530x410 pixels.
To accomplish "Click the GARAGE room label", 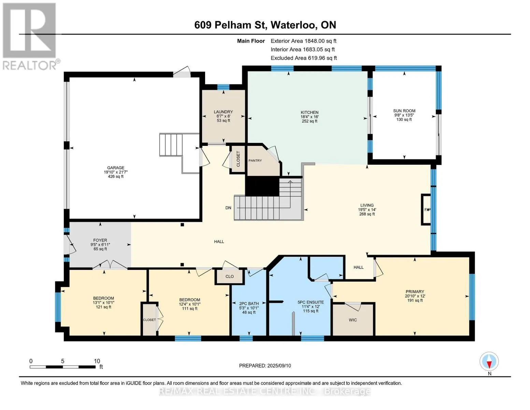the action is pos(116,168).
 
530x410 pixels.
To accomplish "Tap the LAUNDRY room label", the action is pos(223,112).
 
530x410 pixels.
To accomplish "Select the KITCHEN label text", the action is pos(310,112).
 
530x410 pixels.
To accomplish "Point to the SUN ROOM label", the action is pos(404,111).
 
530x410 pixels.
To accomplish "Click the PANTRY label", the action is pos(255,161).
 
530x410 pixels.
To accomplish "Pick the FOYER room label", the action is pos(100,240).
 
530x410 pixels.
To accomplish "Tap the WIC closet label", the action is pos(353,320).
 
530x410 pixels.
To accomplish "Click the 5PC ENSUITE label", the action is pos(311,302).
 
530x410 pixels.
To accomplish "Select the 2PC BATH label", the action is pos(249,304).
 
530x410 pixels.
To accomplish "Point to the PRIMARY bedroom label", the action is pos(415,291).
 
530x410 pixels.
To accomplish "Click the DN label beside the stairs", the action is pos(228,208).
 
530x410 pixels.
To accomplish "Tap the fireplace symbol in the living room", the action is pos(426,209).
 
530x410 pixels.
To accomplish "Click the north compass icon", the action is pos(489,361).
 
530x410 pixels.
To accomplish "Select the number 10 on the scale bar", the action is pos(97,361).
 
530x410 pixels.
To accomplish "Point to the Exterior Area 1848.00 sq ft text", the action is pos(303,41).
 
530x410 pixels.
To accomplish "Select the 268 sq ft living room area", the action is pos(367,214).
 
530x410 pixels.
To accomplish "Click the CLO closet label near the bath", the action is pos(230,276).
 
